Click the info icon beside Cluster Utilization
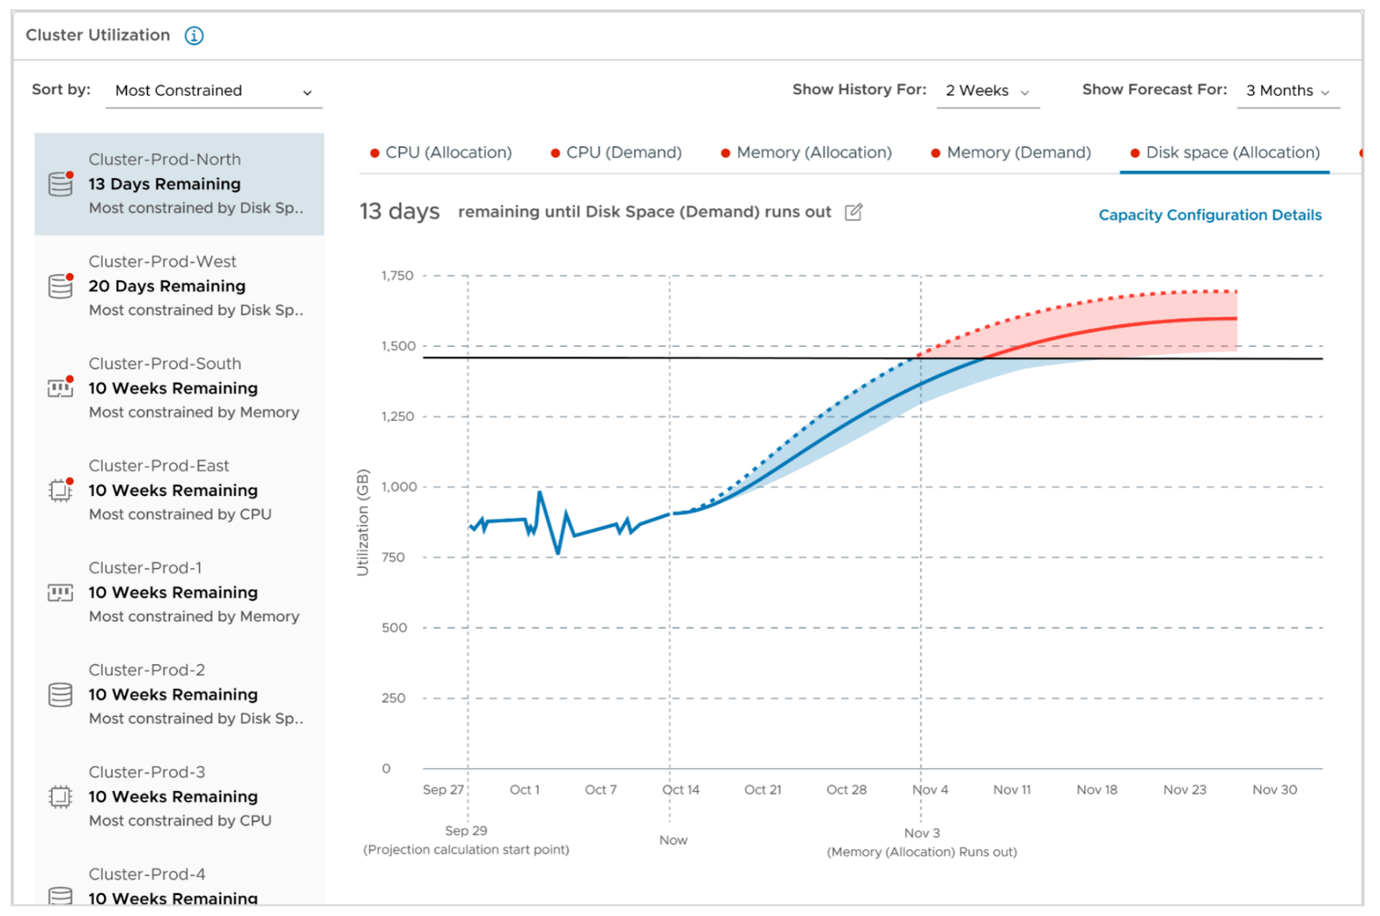pos(194,35)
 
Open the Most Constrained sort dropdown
pos(213,91)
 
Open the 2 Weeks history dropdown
pos(987,91)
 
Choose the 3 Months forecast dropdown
pos(1287,91)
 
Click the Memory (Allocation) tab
pos(806,153)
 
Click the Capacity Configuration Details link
pos(1209,215)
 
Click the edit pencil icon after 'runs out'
pos(853,212)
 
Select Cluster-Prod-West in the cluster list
pos(179,286)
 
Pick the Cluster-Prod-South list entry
pos(179,388)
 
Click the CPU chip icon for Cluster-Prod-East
pos(60,490)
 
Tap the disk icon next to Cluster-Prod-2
pos(60,695)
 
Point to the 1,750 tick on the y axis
pos(397,276)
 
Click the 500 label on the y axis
pos(394,628)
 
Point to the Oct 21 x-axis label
pos(762,790)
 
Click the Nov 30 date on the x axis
pos(1274,790)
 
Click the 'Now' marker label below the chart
pos(673,841)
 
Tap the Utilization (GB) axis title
pos(362,522)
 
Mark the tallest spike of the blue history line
pos(540,493)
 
